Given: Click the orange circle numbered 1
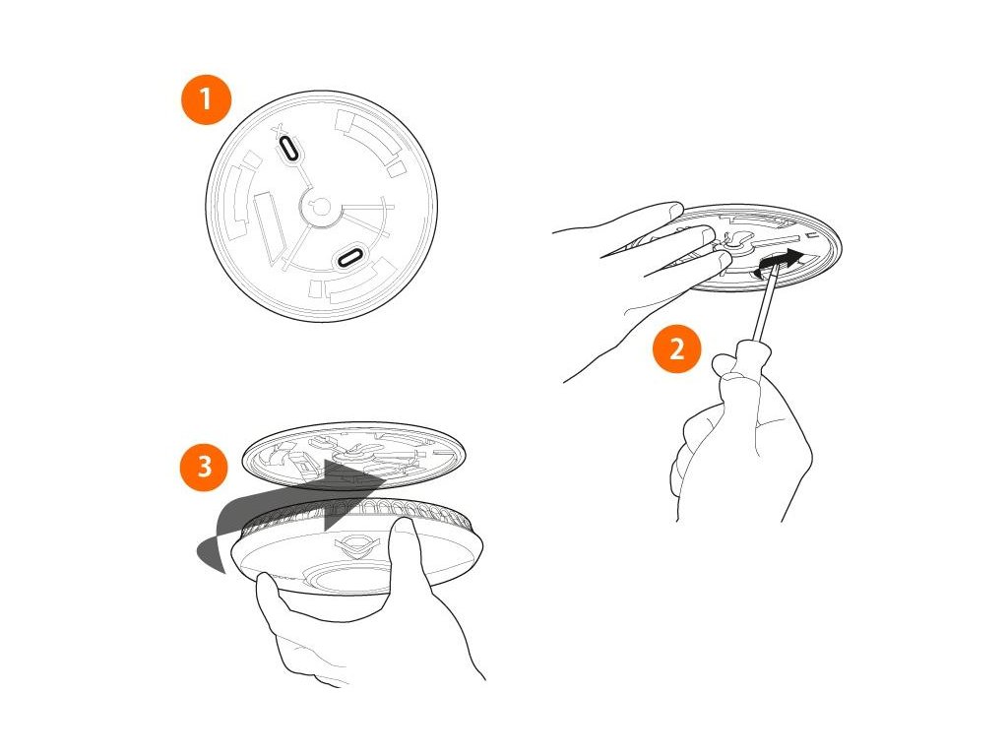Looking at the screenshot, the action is point(206,99).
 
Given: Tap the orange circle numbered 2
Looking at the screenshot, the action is point(677,349).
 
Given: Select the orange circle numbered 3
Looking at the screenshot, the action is point(205,466).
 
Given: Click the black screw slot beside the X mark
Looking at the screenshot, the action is point(288,150).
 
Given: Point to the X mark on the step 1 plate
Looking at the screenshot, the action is point(279,132).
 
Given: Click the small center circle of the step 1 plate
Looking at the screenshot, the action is point(321,207).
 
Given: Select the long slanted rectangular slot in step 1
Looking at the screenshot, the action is point(270,228).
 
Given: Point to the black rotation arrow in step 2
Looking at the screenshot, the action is point(780,262).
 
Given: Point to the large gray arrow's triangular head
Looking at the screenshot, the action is point(353,494).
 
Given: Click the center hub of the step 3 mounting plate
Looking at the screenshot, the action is point(355,453).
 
